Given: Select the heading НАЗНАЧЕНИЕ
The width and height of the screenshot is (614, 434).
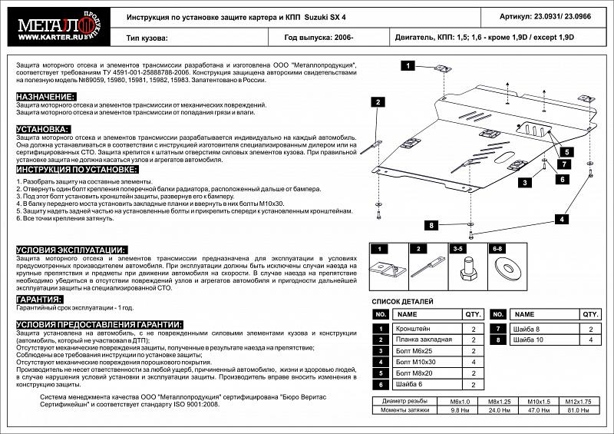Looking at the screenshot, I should tap(45, 96).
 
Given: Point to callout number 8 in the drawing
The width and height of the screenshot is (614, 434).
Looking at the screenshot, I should tap(431, 225).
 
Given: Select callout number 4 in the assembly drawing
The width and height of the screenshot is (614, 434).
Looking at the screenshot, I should tap(563, 219).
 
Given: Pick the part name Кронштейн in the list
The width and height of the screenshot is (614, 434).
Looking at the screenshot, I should tap(411, 329).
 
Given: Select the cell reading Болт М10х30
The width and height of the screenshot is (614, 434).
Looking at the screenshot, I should tap(415, 361).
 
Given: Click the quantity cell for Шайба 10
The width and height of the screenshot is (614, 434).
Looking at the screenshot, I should tap(590, 340).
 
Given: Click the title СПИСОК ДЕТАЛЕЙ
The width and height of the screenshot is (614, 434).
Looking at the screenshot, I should tap(402, 302).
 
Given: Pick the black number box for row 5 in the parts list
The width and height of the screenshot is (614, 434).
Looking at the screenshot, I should tap(380, 373).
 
